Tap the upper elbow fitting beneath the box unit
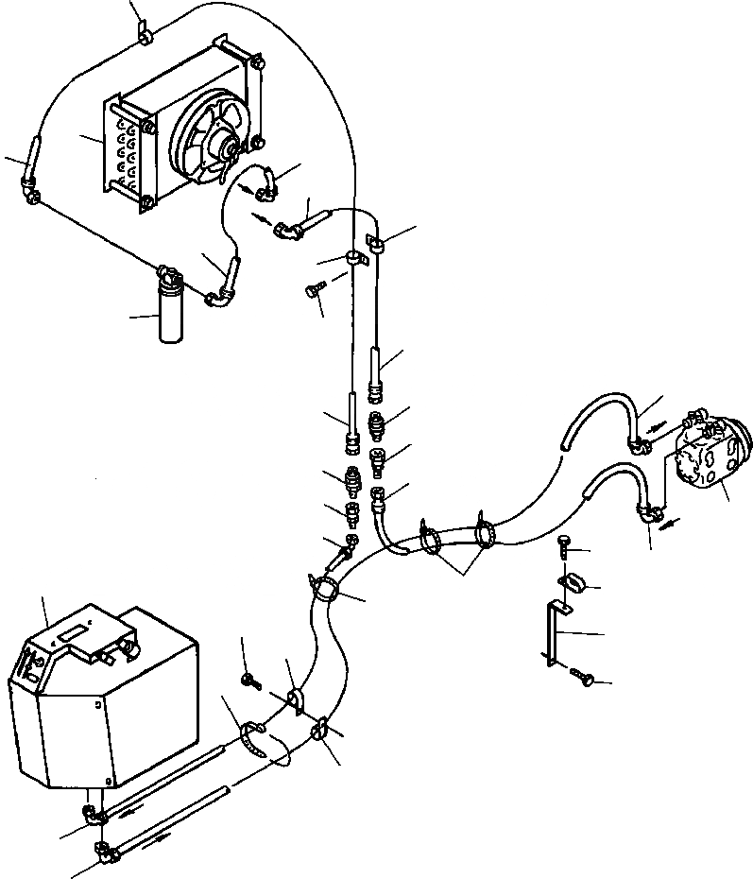pos(91,811)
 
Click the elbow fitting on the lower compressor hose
pos(648,512)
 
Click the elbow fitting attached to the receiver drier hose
pos(219,299)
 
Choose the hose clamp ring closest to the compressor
pos(488,534)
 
